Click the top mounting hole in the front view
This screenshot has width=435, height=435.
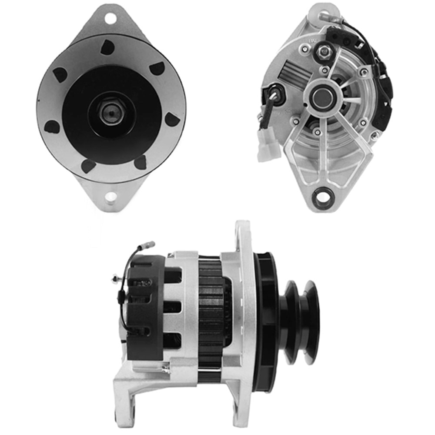(110, 18)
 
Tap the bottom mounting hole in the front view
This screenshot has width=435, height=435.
(110, 197)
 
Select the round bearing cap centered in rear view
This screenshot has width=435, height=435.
(322, 98)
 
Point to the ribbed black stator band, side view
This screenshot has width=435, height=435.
(211, 318)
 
